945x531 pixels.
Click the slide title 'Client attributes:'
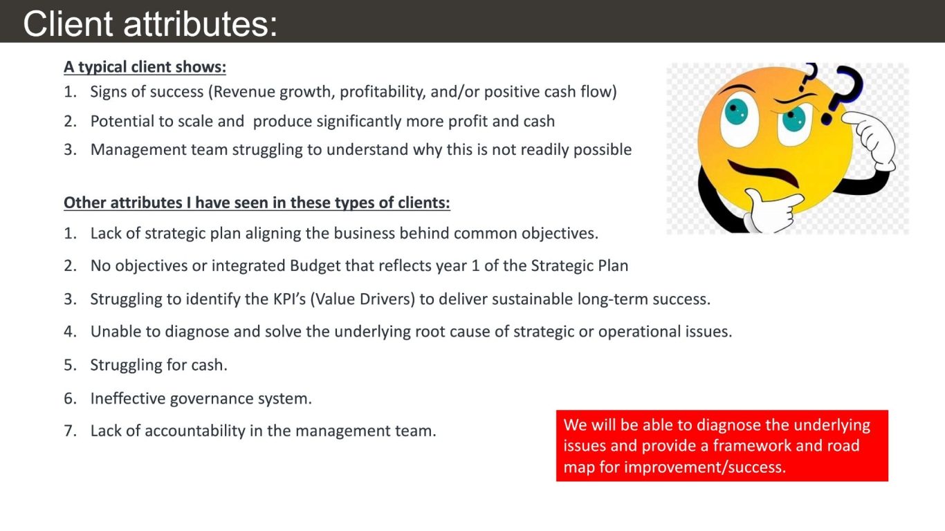click(150, 24)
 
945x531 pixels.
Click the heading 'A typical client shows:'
click(145, 67)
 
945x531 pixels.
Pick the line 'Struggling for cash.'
click(158, 365)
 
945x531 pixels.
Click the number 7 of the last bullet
click(69, 431)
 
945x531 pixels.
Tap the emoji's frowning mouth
click(764, 172)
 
